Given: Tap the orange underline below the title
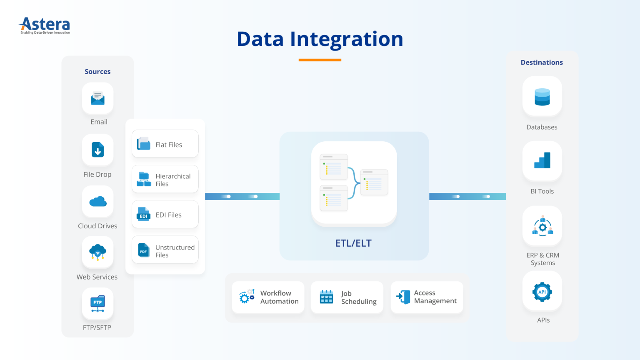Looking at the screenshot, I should pos(320,60).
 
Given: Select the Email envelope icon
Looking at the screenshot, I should pos(98,98).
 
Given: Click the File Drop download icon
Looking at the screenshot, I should pos(98,150).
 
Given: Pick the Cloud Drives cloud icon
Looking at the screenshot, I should pos(98,202).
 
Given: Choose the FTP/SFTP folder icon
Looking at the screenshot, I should pos(98,304).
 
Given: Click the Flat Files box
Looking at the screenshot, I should pos(165,144).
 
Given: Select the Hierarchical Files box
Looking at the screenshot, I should pos(165,179).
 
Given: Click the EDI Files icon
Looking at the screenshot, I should pos(143,215).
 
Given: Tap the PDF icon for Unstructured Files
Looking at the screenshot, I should pos(143,250).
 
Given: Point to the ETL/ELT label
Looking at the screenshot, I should pos(353,243).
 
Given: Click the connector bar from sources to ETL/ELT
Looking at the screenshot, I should pos(242,196).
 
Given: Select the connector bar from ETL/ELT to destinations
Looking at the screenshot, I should pos(467,196).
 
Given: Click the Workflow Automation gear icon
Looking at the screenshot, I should pos(246,297).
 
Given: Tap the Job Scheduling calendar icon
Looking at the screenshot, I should pos(326,297).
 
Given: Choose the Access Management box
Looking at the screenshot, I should pos(427,297).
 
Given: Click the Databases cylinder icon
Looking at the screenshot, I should pos(542,97).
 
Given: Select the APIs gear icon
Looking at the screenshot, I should pos(542,292).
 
